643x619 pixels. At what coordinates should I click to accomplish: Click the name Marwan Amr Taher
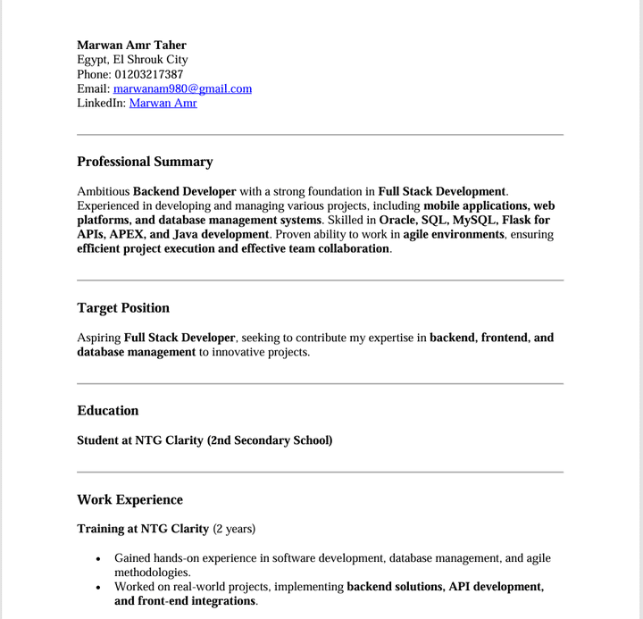click(x=131, y=45)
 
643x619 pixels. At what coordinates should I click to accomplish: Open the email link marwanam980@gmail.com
click(x=182, y=88)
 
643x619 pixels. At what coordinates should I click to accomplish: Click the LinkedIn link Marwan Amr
click(x=163, y=103)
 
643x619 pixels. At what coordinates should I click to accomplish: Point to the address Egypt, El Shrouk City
click(x=132, y=60)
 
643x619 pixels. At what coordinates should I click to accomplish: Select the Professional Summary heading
click(x=145, y=162)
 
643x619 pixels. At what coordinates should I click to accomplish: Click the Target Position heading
click(x=123, y=308)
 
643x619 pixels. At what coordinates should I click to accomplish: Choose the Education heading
click(x=108, y=411)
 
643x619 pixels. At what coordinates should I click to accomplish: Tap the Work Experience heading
click(x=129, y=500)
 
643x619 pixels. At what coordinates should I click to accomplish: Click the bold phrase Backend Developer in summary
click(x=184, y=191)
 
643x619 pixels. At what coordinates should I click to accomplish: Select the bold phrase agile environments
click(x=454, y=234)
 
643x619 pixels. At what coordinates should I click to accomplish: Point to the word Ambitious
click(x=104, y=191)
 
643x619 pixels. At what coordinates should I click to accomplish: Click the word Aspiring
click(x=99, y=338)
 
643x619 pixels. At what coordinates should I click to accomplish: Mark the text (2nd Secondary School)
click(x=270, y=440)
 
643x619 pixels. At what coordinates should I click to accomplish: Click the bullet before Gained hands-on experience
click(x=98, y=559)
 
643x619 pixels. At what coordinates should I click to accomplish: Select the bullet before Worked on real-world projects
click(x=98, y=588)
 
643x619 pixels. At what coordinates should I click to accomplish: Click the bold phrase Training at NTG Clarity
click(x=143, y=529)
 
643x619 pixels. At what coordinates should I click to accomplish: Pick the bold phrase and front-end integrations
click(x=185, y=601)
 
